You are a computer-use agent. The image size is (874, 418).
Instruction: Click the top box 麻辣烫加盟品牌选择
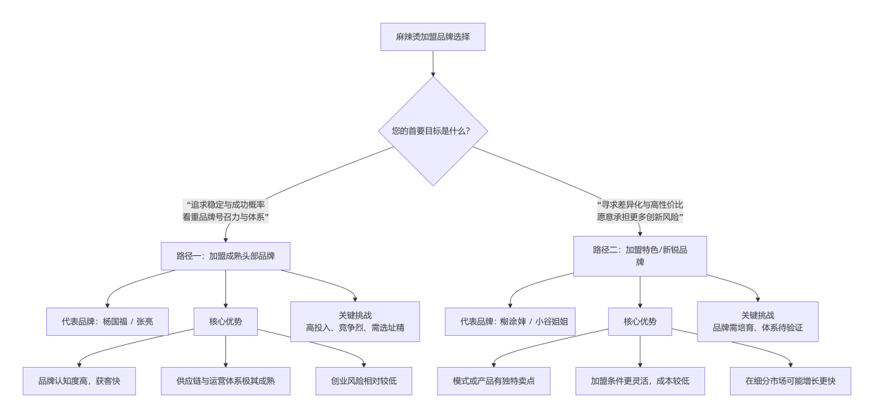(433, 37)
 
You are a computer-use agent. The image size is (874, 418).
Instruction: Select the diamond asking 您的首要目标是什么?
(433, 130)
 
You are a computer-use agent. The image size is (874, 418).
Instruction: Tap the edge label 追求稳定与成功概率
(225, 205)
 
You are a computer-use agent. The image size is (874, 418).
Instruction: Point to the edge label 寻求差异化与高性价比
(640, 205)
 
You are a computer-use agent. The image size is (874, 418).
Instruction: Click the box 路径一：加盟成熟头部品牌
(225, 256)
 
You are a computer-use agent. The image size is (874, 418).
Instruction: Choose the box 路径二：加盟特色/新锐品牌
(640, 256)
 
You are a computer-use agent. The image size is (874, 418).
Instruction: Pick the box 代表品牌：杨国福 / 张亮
(108, 321)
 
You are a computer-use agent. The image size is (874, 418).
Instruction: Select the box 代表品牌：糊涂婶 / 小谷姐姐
(510, 321)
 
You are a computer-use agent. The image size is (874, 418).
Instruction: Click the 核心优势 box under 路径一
(225, 321)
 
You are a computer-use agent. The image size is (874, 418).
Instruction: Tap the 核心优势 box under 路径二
(640, 321)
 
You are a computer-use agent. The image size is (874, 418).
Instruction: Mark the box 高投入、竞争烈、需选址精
(355, 321)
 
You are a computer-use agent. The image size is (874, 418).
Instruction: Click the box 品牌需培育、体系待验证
(758, 321)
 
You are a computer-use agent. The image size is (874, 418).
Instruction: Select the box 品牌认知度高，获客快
(79, 381)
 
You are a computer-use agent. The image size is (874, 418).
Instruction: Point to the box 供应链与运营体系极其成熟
(225, 381)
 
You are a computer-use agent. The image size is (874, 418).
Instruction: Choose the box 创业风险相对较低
(363, 381)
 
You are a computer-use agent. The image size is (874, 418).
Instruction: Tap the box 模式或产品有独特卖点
(494, 381)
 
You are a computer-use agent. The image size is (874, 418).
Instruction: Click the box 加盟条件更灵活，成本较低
(640, 381)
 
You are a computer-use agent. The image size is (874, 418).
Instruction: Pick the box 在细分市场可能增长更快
(791, 381)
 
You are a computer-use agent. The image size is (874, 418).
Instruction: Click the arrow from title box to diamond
(433, 63)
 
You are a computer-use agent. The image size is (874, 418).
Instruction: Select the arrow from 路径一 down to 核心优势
(225, 288)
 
